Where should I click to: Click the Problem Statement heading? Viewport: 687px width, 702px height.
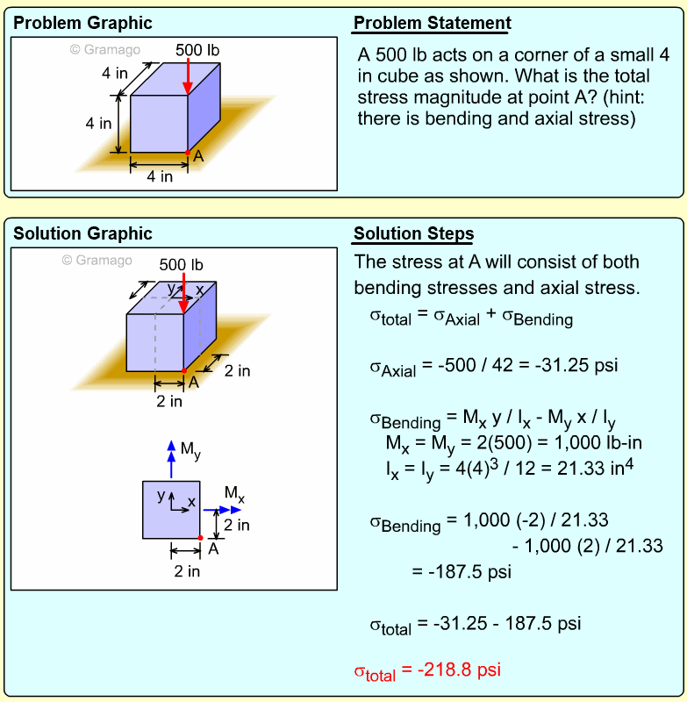click(x=432, y=24)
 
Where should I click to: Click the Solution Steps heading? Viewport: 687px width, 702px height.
click(x=413, y=234)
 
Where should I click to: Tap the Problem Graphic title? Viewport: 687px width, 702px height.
click(x=82, y=24)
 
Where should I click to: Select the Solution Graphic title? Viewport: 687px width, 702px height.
click(x=82, y=234)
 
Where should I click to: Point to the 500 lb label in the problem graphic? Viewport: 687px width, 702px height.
click(x=197, y=50)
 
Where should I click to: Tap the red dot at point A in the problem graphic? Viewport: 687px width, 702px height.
click(x=187, y=154)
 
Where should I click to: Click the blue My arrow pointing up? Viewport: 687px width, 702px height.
click(x=171, y=460)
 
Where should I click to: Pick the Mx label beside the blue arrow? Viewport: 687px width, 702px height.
click(x=234, y=494)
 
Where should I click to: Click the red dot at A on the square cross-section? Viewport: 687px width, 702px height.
click(x=200, y=537)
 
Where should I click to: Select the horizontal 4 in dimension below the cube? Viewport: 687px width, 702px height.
click(x=159, y=176)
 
